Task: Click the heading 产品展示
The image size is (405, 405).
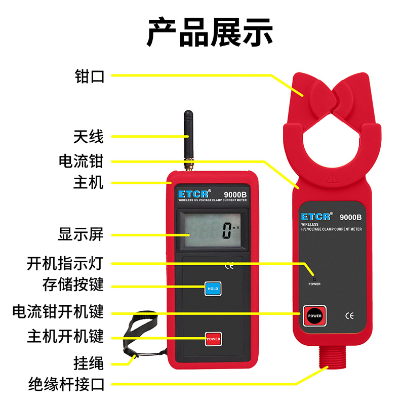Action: tap(210, 32)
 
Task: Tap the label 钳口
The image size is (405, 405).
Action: tap(89, 76)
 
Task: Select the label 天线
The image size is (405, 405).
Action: tap(89, 136)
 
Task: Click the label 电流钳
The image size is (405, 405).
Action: tap(81, 161)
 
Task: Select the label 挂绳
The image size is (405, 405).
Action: tap(89, 362)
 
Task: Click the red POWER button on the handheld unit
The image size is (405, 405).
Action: tap(213, 338)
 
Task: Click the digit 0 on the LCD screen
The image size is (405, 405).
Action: tap(227, 232)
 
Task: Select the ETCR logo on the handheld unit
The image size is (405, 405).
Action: tap(190, 194)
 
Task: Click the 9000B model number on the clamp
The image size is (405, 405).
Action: tap(350, 217)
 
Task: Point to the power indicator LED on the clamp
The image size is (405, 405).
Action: tap(314, 278)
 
